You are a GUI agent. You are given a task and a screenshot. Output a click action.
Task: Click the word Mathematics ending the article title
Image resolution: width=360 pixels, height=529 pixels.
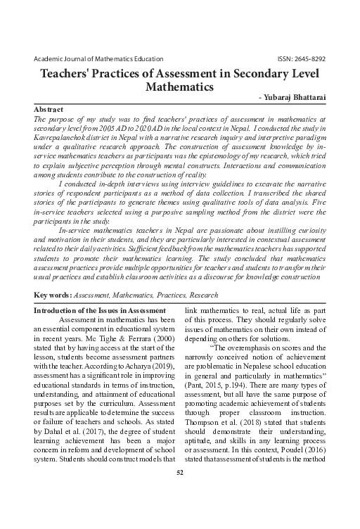click(x=180, y=88)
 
